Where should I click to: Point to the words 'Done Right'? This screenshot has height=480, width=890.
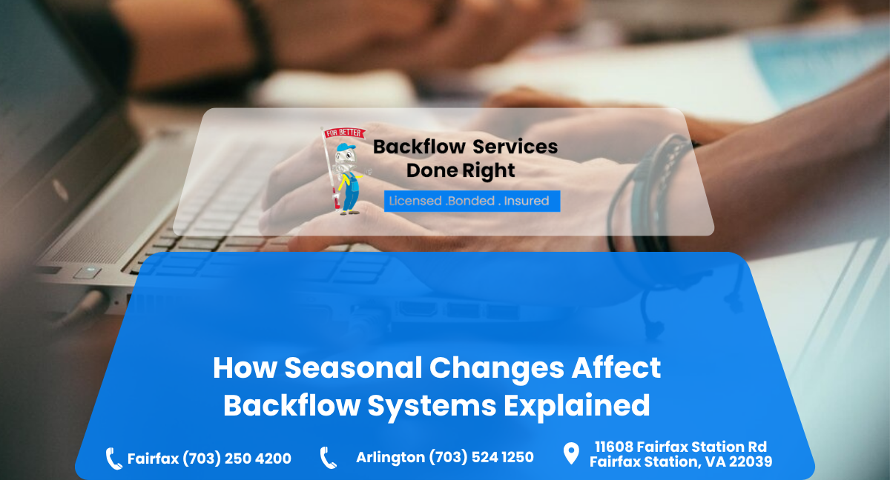pos(460,171)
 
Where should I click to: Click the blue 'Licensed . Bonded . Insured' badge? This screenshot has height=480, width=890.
pos(472,201)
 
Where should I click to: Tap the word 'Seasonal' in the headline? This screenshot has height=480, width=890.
pos(347,368)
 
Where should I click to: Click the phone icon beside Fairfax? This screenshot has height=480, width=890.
pos(113,459)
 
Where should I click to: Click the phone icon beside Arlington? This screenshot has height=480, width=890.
pos(328,458)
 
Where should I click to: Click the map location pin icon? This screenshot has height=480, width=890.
pos(570,453)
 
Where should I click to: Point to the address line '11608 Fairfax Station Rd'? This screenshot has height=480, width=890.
pos(680,447)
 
